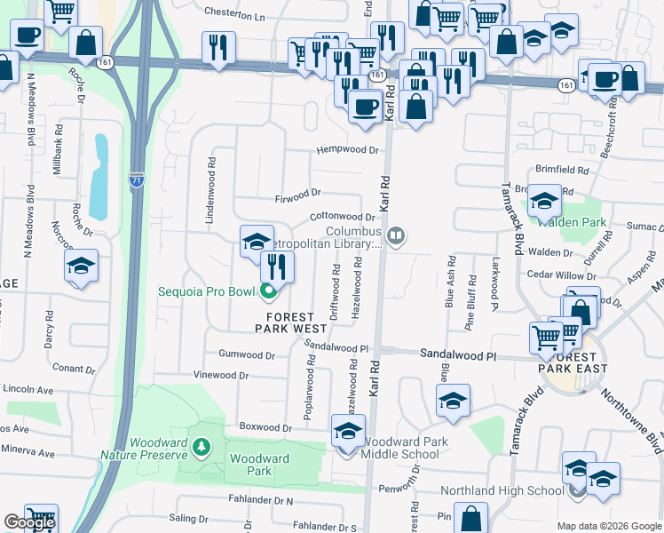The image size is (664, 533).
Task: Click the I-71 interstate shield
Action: click(x=136, y=178)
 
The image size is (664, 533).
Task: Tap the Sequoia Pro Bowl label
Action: click(x=207, y=291)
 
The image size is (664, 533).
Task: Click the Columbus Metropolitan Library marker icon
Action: click(x=398, y=235)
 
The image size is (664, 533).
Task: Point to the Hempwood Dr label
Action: click(x=348, y=151)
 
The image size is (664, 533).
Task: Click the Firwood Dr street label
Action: click(x=297, y=193)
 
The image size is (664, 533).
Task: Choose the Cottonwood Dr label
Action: click(x=342, y=217)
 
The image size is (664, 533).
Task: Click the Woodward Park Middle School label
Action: click(x=401, y=448)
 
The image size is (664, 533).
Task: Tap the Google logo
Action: click(x=28, y=523)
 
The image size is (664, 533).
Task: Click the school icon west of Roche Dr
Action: click(x=81, y=266)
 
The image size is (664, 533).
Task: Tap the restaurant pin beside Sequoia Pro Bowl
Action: click(x=277, y=264)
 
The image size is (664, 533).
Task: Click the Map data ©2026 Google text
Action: click(x=608, y=526)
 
